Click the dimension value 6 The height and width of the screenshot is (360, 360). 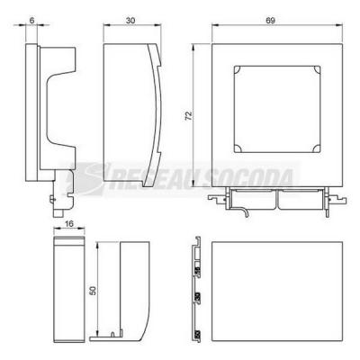point(31,20)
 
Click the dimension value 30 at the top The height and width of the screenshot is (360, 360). point(130,21)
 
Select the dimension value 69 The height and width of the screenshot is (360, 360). point(270,21)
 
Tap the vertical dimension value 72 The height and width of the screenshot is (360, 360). point(188,116)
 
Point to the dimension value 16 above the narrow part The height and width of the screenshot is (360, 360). point(68,224)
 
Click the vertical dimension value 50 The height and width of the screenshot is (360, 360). point(94,291)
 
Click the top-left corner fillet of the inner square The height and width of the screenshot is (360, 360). point(237,69)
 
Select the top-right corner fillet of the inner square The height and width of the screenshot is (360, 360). point(318,69)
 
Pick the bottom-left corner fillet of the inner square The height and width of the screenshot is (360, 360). point(237,149)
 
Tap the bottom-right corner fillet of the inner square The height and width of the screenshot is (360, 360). point(318,149)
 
